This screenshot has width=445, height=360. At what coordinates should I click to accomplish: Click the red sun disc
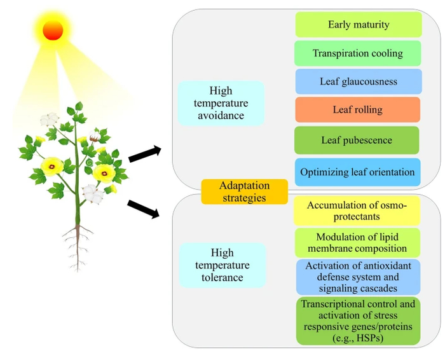tap(53, 29)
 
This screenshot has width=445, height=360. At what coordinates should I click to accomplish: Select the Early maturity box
tap(359, 25)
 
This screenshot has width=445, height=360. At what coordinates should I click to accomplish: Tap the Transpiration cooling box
tap(357, 53)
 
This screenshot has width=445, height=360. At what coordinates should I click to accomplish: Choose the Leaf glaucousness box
tap(359, 81)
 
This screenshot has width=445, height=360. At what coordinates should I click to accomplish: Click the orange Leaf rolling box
tap(357, 109)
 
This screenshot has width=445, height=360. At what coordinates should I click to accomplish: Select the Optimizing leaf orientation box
tap(357, 172)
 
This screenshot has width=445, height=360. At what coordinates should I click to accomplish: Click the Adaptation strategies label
tap(244, 191)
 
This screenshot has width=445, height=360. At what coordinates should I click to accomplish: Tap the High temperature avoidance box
tap(220, 103)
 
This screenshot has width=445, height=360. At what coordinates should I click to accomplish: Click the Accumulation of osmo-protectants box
tap(357, 211)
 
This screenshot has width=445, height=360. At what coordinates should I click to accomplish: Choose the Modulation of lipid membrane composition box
tap(357, 242)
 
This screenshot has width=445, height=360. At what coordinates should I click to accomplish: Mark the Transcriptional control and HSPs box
tap(358, 321)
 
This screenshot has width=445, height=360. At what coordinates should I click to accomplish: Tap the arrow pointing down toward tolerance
tap(144, 209)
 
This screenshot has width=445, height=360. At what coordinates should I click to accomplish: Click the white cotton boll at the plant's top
tap(50, 120)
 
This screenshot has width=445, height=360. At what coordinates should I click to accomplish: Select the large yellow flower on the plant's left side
tap(51, 166)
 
